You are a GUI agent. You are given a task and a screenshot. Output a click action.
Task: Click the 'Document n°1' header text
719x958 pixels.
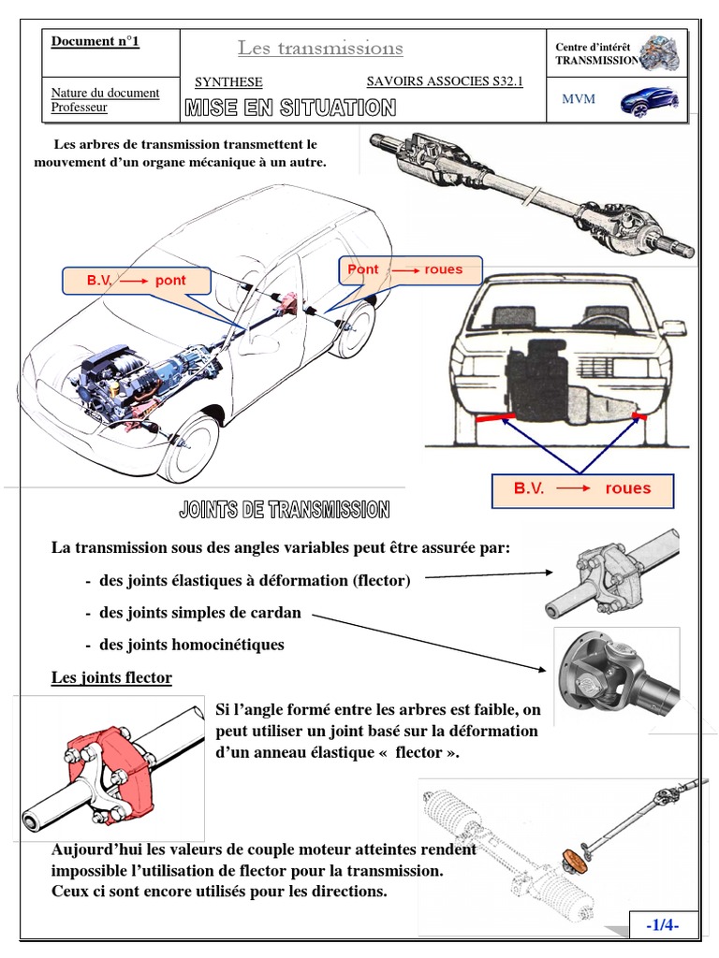(x=95, y=42)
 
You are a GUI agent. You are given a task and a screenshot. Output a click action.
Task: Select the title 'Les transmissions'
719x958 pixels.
(x=320, y=48)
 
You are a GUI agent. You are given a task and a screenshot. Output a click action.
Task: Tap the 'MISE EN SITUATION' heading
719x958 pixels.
(x=289, y=109)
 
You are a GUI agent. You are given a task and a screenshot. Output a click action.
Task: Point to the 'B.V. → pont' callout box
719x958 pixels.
(x=137, y=280)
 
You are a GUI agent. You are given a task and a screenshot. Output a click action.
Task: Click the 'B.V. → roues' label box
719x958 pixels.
(x=581, y=488)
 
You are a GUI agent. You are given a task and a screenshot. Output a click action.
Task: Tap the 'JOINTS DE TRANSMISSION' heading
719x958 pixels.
(x=284, y=510)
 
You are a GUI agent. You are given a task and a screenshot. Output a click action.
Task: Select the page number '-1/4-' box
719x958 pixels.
(x=662, y=924)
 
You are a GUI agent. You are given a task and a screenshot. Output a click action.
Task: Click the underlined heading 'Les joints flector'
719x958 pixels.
(x=111, y=677)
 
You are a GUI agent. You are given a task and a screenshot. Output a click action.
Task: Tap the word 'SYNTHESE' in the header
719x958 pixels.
(x=228, y=82)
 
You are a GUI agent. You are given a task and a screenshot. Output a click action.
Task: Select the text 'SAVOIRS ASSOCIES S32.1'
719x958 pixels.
(x=444, y=81)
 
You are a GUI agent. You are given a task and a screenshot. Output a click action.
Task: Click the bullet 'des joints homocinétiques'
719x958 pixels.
(x=191, y=645)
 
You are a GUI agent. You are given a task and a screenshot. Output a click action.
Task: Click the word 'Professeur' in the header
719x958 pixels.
(x=79, y=108)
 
